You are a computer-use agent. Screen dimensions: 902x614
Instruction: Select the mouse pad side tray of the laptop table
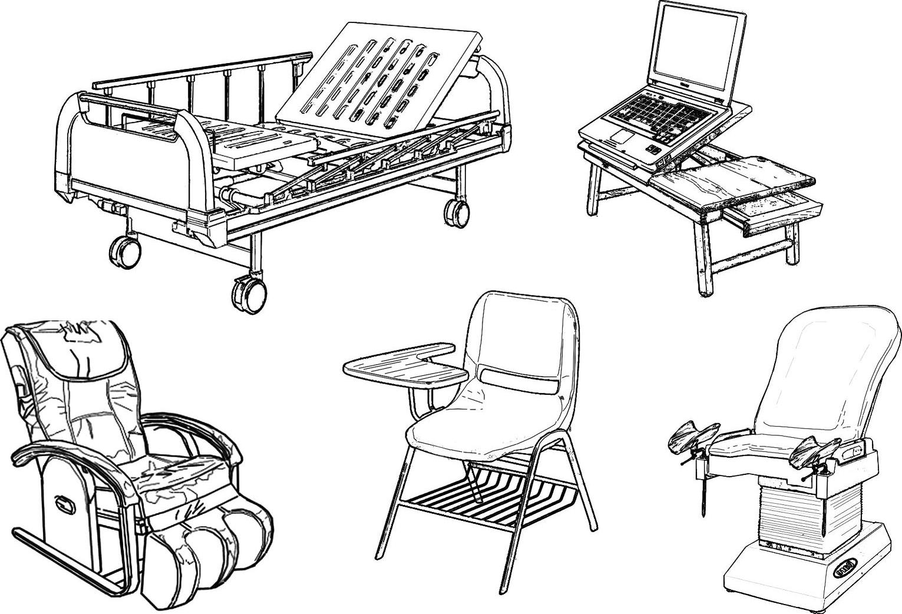(x=731, y=180)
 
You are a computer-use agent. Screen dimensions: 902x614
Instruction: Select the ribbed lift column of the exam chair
(x=789, y=507)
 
